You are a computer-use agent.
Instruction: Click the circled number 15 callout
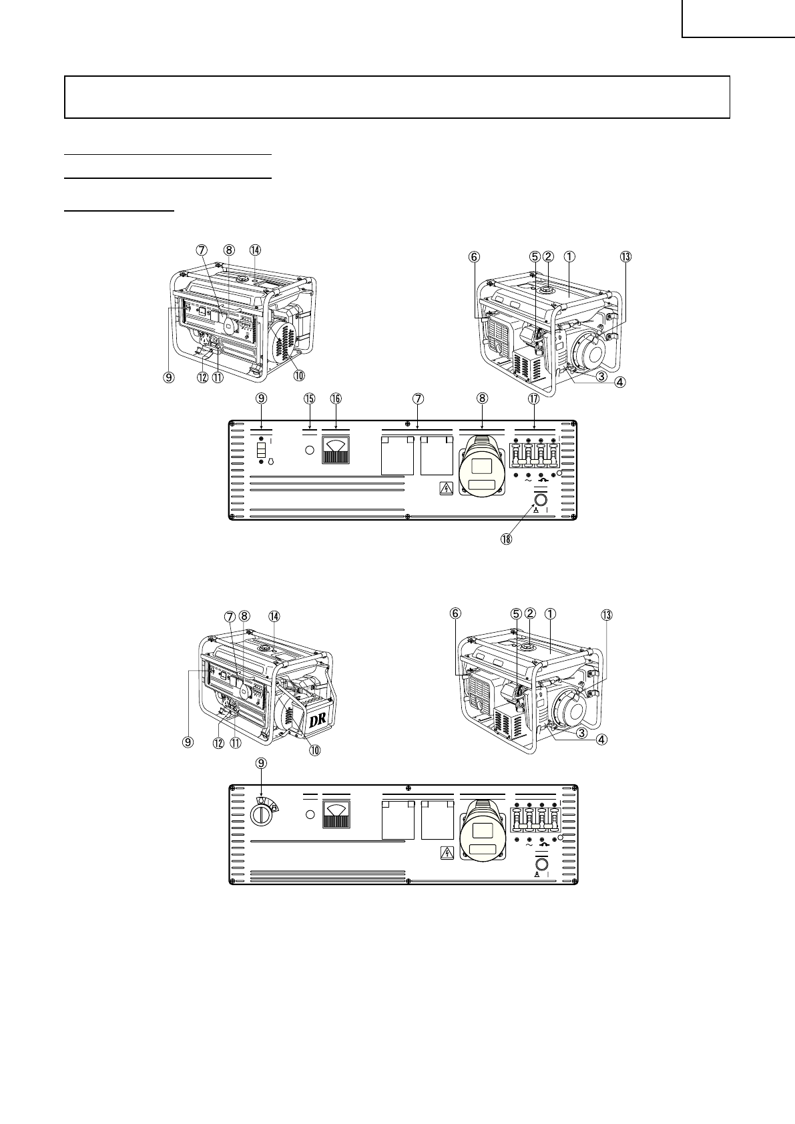[309, 398]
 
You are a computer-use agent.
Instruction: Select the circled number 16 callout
[336, 398]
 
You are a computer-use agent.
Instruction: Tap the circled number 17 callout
[533, 398]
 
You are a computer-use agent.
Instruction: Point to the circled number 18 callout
[507, 539]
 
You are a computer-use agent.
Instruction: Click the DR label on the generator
[318, 721]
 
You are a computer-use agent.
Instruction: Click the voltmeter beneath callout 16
[335, 450]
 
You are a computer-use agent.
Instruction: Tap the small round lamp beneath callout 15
[310, 450]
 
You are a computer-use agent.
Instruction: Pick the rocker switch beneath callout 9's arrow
[261, 451]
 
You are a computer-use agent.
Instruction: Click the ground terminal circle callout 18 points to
[541, 501]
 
